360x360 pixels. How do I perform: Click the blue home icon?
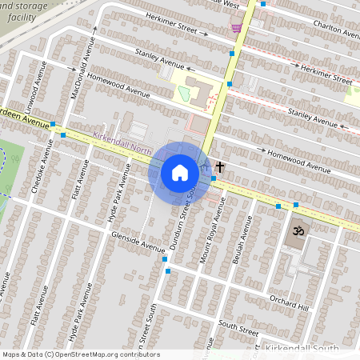coord(180,172)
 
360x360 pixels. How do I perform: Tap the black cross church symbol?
coord(219,168)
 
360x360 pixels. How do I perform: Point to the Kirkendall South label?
coord(307,350)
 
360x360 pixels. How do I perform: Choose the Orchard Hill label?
coord(288,302)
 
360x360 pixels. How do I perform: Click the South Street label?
coord(238,329)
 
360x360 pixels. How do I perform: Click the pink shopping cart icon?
coord(235,28)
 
